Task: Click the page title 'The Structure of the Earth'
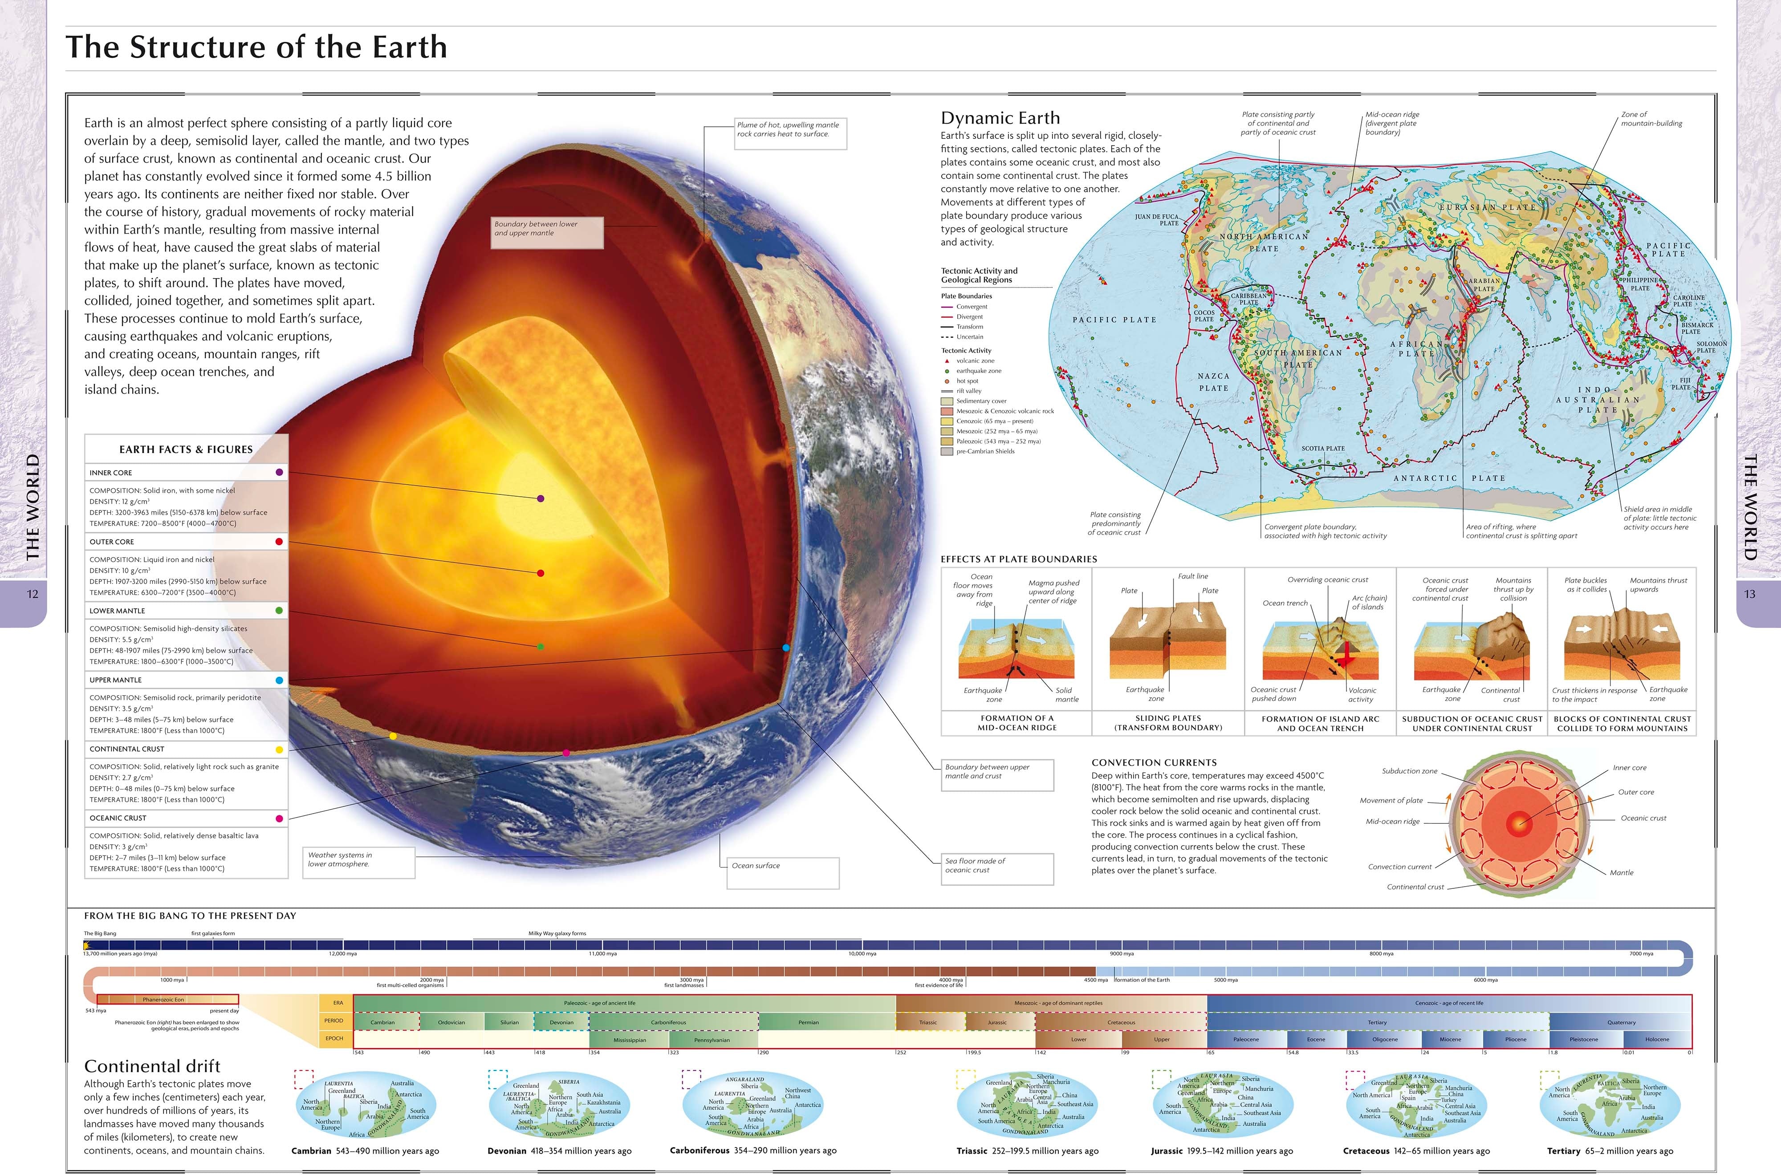[x=256, y=47]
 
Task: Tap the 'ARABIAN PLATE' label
[x=1484, y=285]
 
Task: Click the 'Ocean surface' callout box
[x=783, y=872]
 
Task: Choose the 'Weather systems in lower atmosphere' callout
[x=359, y=862]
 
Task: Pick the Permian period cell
[x=808, y=1022]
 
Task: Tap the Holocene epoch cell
[x=1657, y=1039]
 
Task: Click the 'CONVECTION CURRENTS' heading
[x=1154, y=762]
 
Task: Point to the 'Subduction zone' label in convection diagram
[x=1409, y=771]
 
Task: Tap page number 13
[x=1749, y=594]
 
